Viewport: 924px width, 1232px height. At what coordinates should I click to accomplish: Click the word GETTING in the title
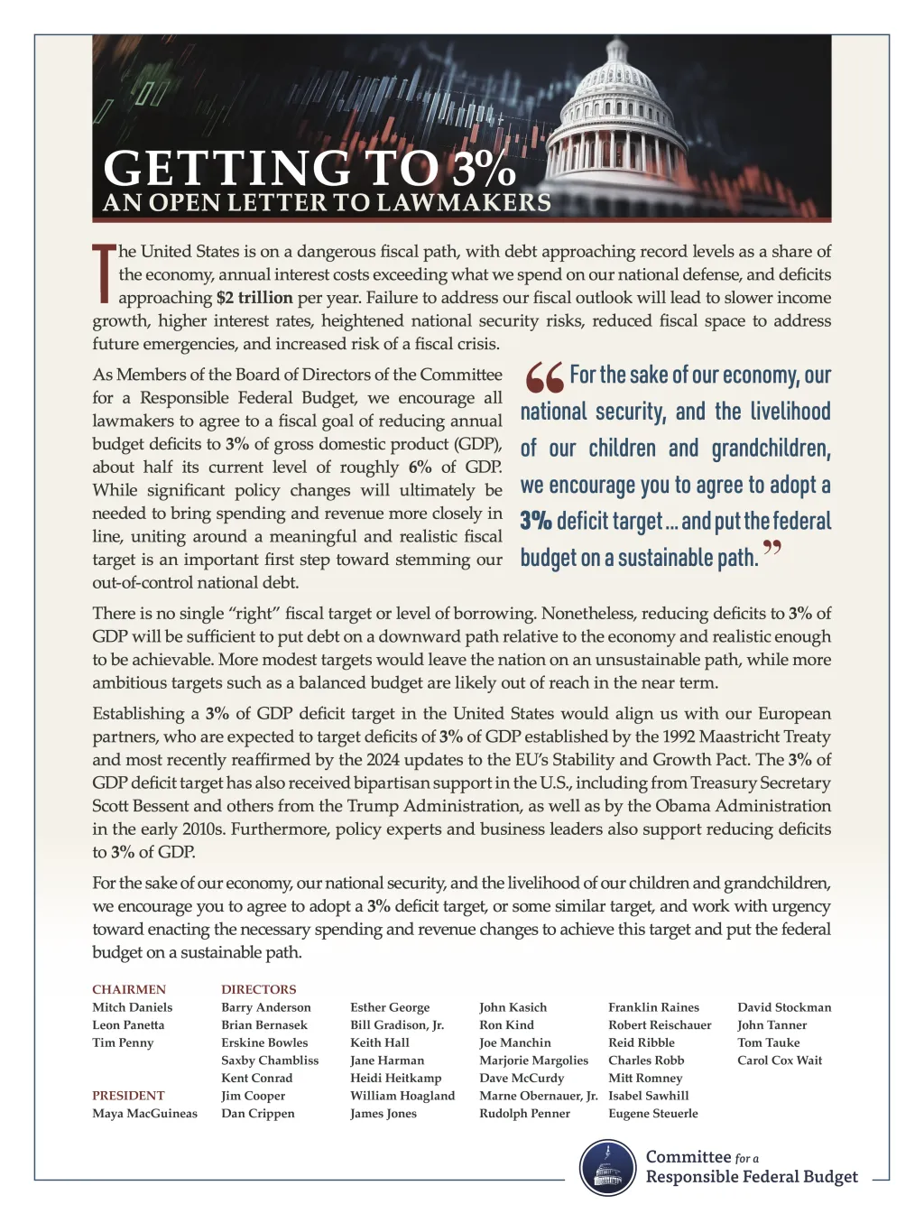coord(226,168)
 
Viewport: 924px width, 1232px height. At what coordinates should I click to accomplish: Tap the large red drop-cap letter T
coord(103,272)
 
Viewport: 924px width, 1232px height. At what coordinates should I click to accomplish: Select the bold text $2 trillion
coord(254,298)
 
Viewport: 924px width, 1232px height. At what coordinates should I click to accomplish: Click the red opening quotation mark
coord(543,378)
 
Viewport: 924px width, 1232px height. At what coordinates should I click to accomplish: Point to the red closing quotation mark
coord(772,549)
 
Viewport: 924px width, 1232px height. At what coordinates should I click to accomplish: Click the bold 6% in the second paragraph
coord(420,467)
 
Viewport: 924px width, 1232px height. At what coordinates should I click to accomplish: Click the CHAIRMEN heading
coord(129,989)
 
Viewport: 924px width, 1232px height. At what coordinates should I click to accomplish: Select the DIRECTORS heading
coord(259,989)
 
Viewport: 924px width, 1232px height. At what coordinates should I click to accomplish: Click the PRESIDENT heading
coord(128,1095)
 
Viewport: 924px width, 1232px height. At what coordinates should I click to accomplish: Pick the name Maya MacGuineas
coord(144,1113)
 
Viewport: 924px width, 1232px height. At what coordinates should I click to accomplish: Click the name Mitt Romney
coord(645,1078)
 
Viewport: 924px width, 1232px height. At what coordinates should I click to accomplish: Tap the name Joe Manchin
coord(514,1042)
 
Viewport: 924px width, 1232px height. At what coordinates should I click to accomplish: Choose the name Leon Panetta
coord(128,1024)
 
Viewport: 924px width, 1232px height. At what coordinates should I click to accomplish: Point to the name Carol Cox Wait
coord(780,1060)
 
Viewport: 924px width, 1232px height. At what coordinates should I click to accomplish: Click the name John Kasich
coord(513,1007)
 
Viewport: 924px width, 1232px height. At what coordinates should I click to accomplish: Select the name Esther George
coord(390,1007)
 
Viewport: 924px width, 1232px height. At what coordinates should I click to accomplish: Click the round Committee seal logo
coord(607,1167)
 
